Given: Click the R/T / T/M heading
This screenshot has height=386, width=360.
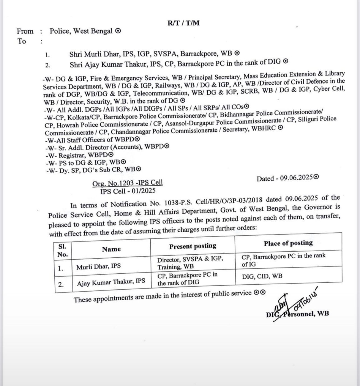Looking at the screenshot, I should [184, 23].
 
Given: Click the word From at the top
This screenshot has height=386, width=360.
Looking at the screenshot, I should [25, 31].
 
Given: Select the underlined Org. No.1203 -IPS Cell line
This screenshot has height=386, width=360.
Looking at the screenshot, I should [128, 183].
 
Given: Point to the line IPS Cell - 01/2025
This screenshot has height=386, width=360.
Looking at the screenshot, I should [128, 191].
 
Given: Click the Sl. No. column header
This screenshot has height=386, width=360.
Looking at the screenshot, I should [63, 250].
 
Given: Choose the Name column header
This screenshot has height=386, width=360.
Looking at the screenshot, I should [111, 249].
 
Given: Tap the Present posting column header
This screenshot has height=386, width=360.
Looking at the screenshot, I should [193, 246].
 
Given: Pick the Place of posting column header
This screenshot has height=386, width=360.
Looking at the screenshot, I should [288, 243].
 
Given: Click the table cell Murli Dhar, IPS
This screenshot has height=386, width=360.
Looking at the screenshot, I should [98, 266].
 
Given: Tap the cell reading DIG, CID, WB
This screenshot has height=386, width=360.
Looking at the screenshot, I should [262, 276].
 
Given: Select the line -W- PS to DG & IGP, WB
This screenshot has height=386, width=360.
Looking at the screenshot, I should [86, 162].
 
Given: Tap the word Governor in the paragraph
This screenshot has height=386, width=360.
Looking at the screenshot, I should [322, 208].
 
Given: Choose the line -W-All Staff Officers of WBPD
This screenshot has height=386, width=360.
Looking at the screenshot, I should [92, 139].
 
